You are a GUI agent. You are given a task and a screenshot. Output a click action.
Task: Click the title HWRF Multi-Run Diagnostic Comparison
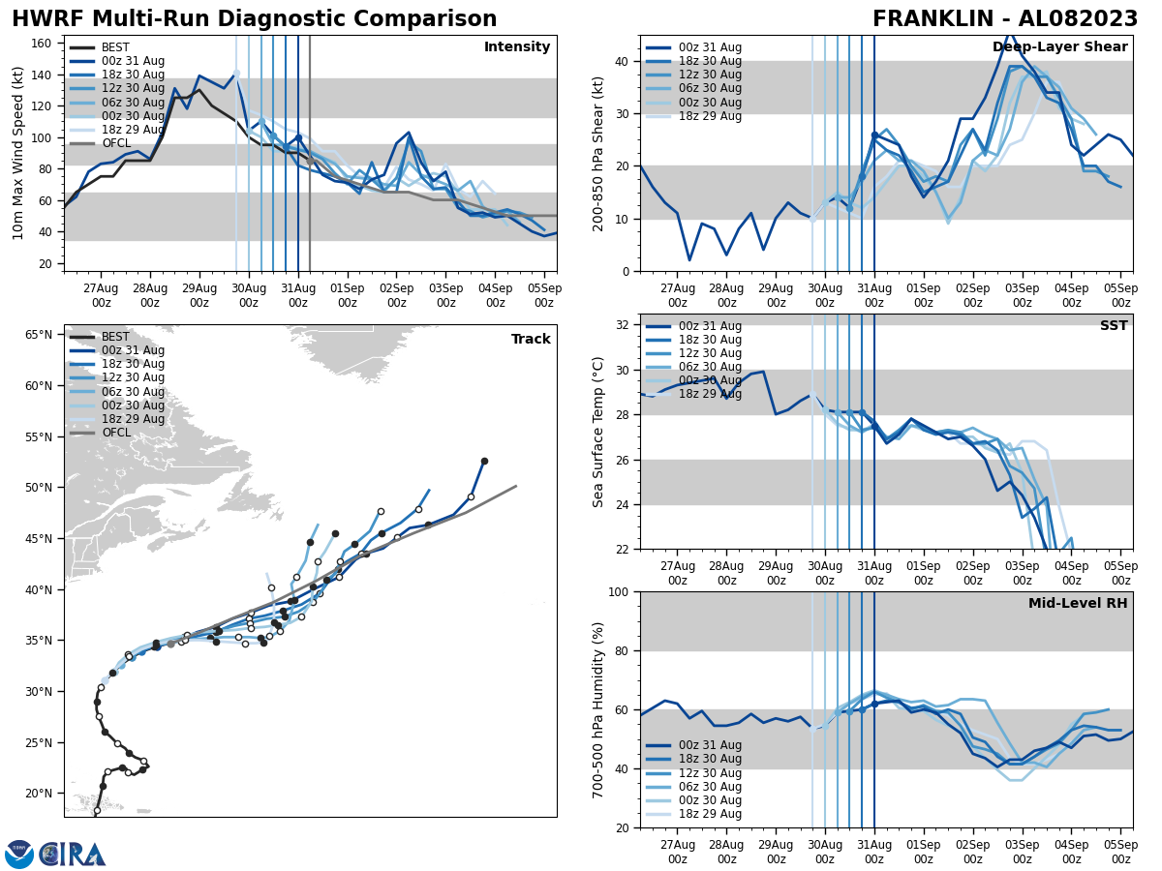point(254,19)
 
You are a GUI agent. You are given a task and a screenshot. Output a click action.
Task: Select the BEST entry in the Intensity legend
point(115,47)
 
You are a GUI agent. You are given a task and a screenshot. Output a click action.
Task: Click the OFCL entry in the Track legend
point(115,433)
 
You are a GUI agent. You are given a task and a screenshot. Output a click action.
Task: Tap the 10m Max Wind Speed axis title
point(18,153)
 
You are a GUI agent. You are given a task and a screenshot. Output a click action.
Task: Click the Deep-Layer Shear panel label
point(1059,47)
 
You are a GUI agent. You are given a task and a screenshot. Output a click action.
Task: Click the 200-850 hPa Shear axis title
point(597,153)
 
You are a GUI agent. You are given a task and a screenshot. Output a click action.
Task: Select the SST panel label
point(1113,326)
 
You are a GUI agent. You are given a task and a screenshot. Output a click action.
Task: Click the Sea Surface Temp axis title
point(597,432)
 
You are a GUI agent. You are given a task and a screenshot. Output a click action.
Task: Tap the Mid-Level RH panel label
point(1077,604)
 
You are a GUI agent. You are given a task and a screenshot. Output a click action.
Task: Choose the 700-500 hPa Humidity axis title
point(597,709)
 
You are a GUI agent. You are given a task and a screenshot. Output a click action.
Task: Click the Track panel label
point(531,340)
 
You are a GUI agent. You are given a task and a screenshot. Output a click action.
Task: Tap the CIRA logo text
point(73,854)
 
